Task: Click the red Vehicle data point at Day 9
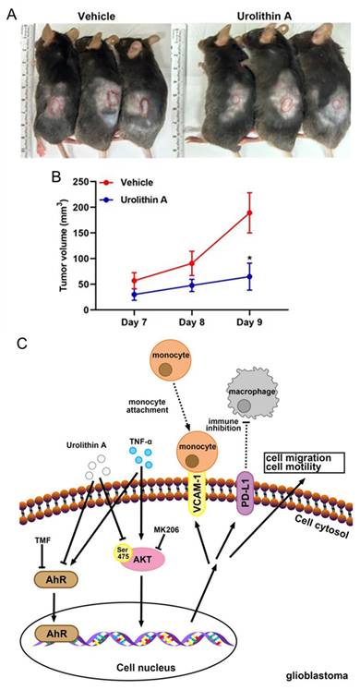[250, 213]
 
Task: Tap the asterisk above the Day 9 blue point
[249, 258]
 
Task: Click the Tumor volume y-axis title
[65, 245]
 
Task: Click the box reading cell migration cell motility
[305, 462]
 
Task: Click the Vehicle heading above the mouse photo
[97, 17]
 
